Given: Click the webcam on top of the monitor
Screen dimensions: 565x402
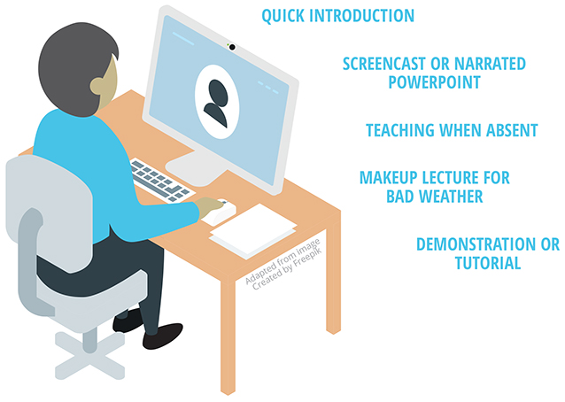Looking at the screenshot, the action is point(232,47).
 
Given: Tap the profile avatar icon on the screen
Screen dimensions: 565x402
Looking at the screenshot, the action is point(217,102).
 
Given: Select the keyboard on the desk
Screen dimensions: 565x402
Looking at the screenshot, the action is point(160,180).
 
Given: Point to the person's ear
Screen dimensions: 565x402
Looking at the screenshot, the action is point(97,86).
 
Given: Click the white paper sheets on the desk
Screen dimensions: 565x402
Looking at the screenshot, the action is point(253,231).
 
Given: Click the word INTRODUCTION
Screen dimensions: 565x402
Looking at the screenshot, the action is point(362,16).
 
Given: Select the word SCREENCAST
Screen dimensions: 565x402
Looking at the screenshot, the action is point(383,64).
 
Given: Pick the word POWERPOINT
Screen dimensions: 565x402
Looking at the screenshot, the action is point(434,82).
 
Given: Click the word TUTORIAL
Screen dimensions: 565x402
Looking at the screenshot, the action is point(488,263).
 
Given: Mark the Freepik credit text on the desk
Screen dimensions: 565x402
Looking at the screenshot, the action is point(283,264).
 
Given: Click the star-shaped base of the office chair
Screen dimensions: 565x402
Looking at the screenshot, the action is point(89,355).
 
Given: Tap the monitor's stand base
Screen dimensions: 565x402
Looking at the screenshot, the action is point(197,168).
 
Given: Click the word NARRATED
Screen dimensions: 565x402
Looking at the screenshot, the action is point(490,64).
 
